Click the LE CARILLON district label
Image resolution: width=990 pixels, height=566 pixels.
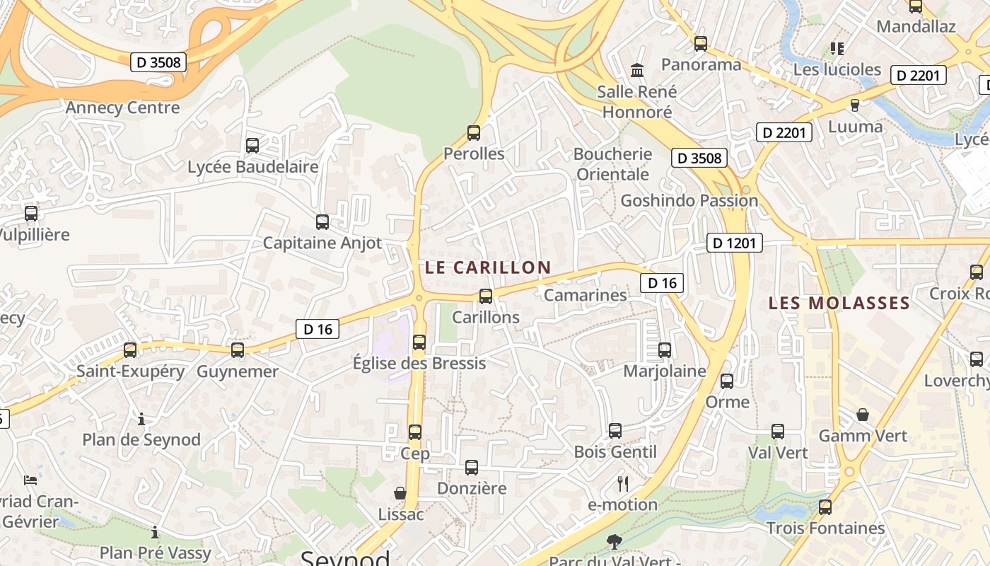(x=487, y=267)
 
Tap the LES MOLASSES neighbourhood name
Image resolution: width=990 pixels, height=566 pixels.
(x=839, y=304)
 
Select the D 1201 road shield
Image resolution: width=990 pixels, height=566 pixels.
(x=735, y=243)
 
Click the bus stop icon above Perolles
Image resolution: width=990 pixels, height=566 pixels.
(x=474, y=132)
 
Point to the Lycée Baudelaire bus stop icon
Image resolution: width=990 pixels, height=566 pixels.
(x=252, y=146)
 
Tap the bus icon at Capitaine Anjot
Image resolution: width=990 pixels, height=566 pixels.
(x=322, y=221)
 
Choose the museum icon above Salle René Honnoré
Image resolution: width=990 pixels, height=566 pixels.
(x=637, y=70)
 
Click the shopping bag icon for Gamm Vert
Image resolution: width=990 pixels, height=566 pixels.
(x=863, y=414)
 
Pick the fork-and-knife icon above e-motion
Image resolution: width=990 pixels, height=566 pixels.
(x=623, y=483)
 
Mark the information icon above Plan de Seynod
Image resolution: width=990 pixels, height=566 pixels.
(x=141, y=419)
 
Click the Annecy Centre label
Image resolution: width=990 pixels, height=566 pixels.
(x=123, y=108)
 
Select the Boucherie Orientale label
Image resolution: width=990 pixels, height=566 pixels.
(x=612, y=164)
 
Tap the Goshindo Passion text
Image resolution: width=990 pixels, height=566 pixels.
(x=689, y=201)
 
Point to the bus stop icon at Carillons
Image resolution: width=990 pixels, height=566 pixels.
(x=486, y=296)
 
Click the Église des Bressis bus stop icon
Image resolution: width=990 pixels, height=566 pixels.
(x=419, y=342)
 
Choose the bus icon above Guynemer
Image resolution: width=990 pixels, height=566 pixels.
(x=238, y=350)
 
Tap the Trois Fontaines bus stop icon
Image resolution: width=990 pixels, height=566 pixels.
(x=825, y=507)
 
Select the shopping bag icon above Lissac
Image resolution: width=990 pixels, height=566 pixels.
(x=400, y=492)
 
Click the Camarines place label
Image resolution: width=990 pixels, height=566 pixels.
(x=585, y=295)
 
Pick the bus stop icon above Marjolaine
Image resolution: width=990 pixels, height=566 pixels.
(x=665, y=350)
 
